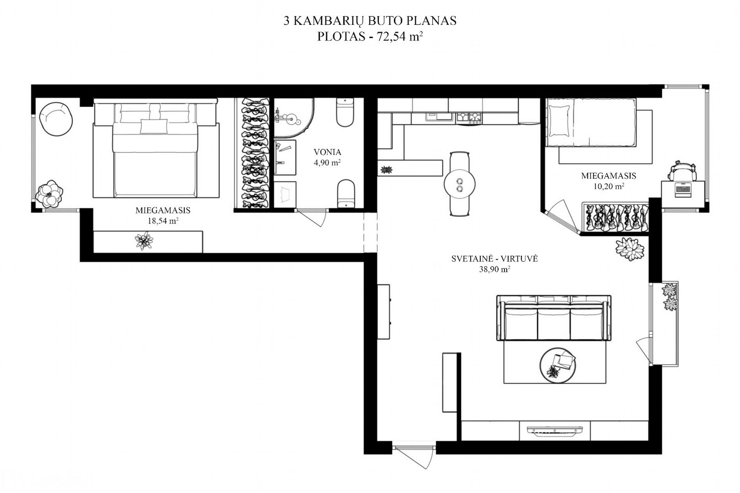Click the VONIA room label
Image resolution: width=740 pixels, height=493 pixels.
point(328,152)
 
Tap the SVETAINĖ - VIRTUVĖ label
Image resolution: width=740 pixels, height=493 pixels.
point(495,258)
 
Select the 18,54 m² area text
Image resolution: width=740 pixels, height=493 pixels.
point(163,221)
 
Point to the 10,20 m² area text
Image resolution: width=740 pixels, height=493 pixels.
point(608,186)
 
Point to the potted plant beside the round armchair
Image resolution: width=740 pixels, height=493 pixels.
point(49,193)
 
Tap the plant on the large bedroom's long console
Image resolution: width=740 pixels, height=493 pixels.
point(144,240)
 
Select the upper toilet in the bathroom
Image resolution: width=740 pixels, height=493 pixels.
point(345,112)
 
